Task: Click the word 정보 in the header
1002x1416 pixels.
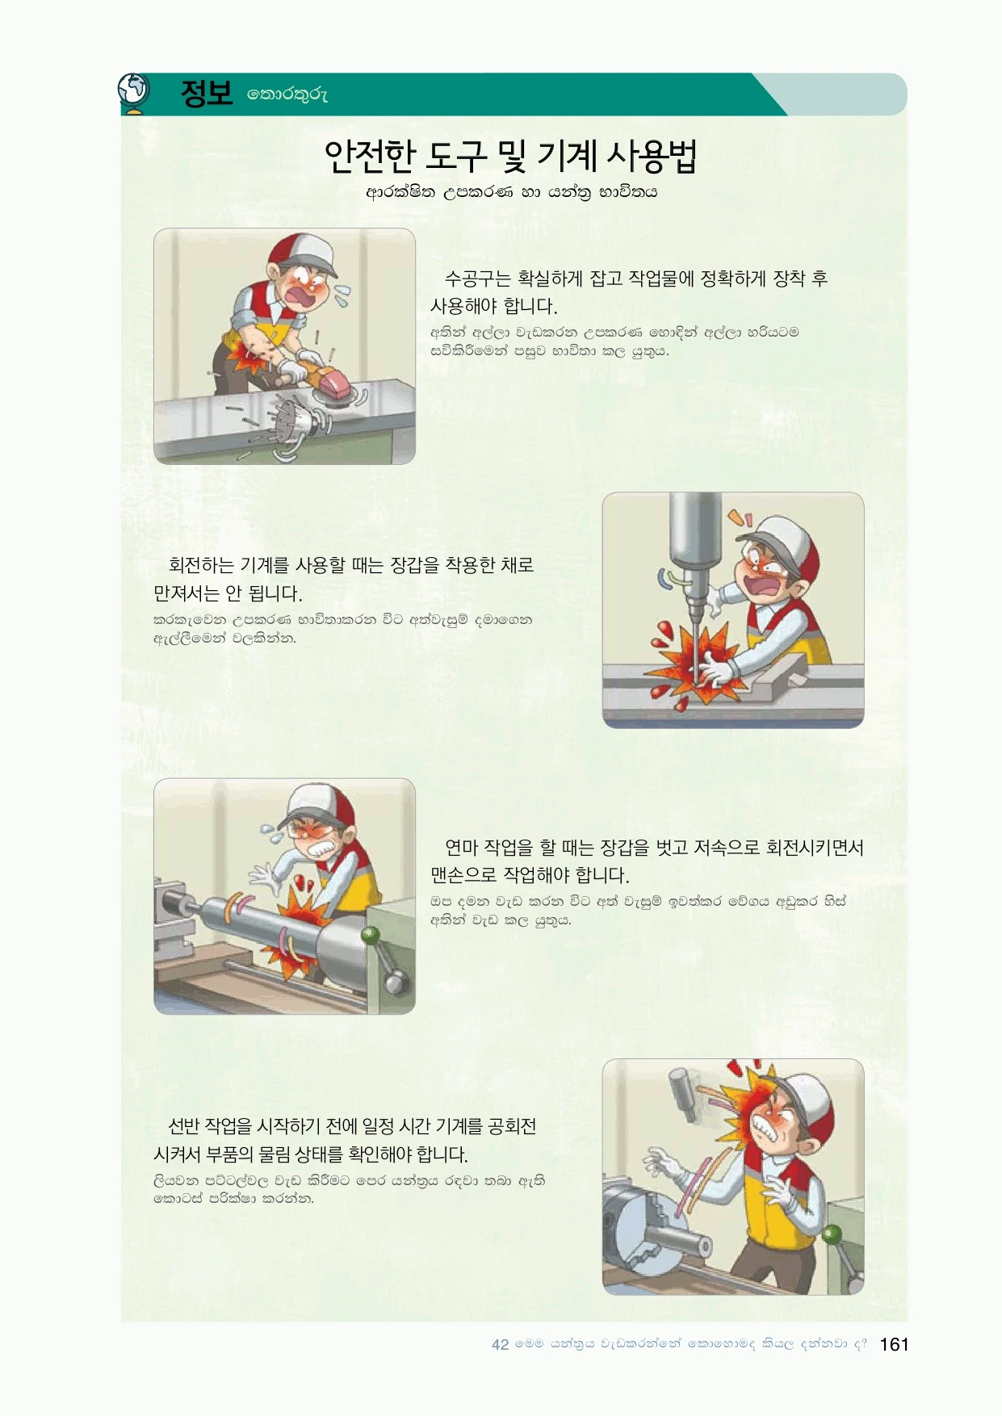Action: coord(207,94)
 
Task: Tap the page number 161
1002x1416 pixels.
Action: coord(894,1344)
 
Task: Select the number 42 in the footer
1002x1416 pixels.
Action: coord(501,1345)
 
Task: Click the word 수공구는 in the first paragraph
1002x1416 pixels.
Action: coord(478,279)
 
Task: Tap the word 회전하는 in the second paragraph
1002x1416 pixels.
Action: coord(201,565)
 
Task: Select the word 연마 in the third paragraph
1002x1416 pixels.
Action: coord(461,848)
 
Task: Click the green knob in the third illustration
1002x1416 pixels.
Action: coord(370,936)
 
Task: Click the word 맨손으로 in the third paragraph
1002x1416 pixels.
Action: coord(463,875)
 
